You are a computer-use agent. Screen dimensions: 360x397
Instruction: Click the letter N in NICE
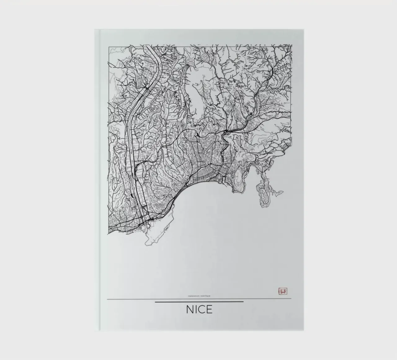(x=190, y=309)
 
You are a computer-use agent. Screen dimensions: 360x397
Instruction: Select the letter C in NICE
(x=202, y=309)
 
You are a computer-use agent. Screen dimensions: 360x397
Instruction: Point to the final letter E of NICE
(x=209, y=309)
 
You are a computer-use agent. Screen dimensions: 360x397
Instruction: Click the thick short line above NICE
(x=199, y=302)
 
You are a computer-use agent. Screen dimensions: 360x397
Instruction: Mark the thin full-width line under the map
(x=130, y=299)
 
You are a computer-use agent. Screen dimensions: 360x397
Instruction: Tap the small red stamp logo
(x=283, y=291)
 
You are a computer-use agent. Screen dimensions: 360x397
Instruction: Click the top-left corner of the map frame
(x=109, y=47)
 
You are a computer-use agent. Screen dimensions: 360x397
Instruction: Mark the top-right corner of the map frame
(x=292, y=45)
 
